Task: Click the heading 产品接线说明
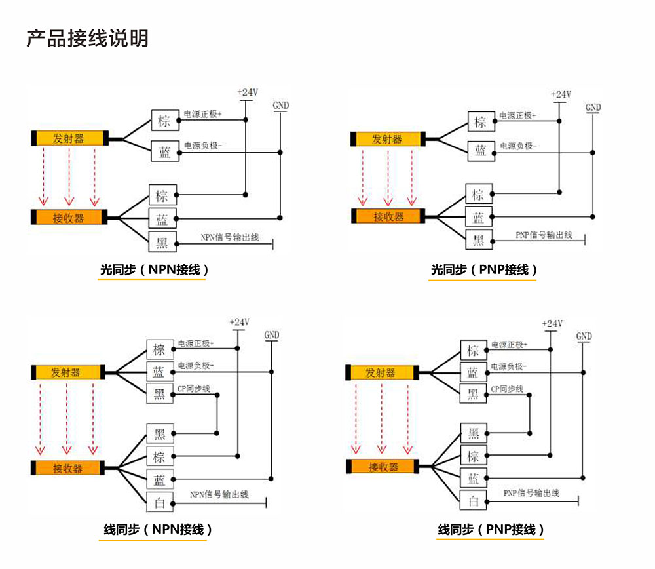click(87, 38)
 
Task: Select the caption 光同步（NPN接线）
click(155, 269)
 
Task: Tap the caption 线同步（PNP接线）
click(491, 530)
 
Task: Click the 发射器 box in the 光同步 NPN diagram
click(69, 138)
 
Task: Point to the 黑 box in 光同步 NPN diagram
click(162, 242)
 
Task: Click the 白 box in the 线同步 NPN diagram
click(159, 502)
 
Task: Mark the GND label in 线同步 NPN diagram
click(272, 335)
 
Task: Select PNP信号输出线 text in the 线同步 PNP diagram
click(531, 493)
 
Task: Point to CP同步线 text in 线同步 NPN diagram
click(194, 389)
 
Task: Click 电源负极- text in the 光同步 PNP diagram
click(519, 146)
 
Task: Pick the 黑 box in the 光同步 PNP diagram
click(479, 239)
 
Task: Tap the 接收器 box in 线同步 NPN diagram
click(68, 468)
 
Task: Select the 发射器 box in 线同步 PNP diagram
click(381, 373)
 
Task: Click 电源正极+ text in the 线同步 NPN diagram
click(196, 343)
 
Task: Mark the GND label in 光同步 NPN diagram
click(280, 106)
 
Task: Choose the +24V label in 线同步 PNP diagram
click(552, 324)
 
